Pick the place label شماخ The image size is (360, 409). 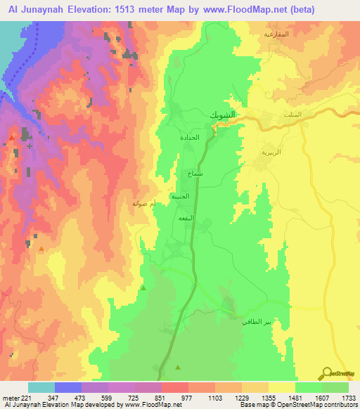click(195, 172)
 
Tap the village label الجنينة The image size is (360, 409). click(181, 197)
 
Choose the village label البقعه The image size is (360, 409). click(186, 219)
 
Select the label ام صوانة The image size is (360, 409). click(144, 203)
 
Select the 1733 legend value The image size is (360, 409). click(343, 398)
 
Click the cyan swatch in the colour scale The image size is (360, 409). click(41, 387)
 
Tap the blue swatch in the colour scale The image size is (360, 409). click(68, 387)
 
